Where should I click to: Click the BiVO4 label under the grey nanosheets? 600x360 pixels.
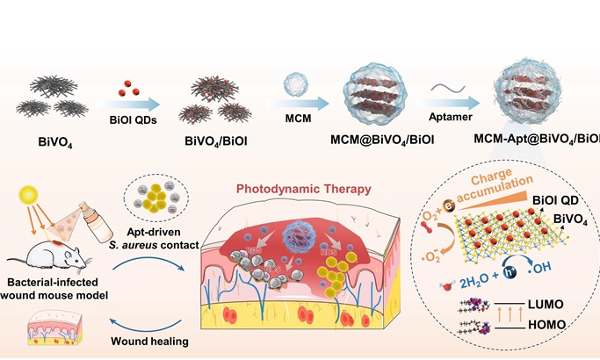49,138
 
